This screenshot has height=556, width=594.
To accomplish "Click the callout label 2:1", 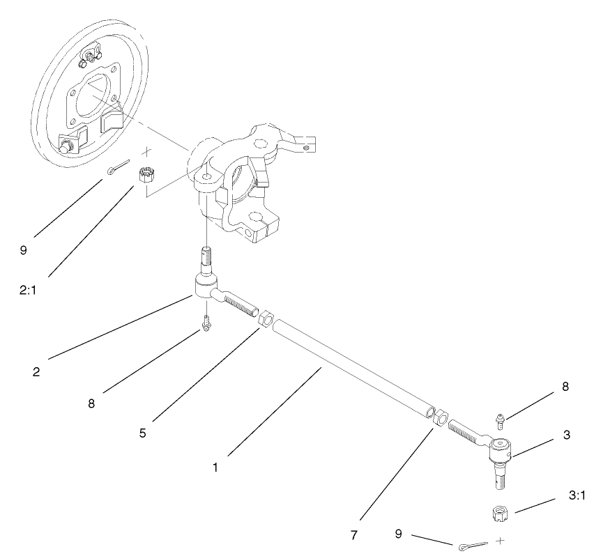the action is click(x=28, y=291).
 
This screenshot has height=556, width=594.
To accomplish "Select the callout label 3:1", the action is click(x=577, y=495).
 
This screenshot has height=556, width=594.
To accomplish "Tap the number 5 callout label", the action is click(x=142, y=433).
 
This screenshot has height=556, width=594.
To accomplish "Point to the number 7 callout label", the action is click(x=354, y=535).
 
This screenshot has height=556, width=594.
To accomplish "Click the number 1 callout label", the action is click(x=215, y=468).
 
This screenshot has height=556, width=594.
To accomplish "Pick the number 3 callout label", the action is click(x=567, y=435).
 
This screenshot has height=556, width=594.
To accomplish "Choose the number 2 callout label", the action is click(x=36, y=371).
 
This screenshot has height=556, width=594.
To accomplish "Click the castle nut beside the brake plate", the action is click(x=144, y=176).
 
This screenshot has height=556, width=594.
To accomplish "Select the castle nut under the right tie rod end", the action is click(x=500, y=513).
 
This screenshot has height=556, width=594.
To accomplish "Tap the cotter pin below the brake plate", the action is click(x=119, y=167).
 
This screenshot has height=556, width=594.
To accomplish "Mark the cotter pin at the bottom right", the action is click(x=473, y=546).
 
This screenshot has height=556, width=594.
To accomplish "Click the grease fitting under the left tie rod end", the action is click(x=206, y=323).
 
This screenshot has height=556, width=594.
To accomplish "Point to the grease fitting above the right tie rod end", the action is click(x=501, y=422).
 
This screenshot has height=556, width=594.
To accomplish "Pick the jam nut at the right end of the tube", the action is click(x=441, y=417).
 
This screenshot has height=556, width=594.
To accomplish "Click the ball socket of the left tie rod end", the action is click(x=206, y=286).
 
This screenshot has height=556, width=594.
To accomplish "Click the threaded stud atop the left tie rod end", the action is click(x=206, y=261).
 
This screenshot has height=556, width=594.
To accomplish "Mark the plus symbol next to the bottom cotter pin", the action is click(x=500, y=540).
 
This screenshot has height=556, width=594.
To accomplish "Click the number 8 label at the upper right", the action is click(x=565, y=387).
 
